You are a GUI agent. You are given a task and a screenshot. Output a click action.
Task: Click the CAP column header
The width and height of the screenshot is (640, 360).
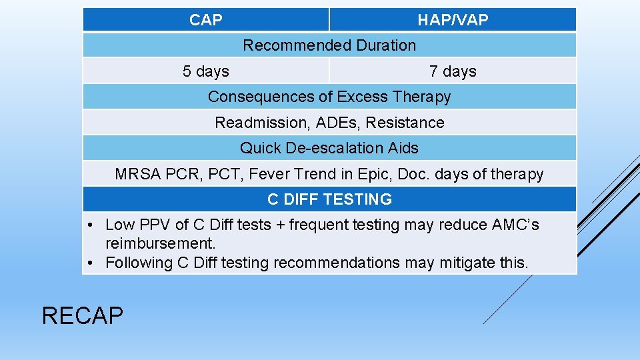click(x=206, y=20)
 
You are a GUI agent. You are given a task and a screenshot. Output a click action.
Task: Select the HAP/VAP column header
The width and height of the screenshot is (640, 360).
click(x=453, y=20)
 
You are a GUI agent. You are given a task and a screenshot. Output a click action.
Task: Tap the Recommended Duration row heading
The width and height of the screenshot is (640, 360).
click(x=329, y=45)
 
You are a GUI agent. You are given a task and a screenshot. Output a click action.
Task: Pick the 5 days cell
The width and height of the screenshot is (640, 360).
click(x=206, y=71)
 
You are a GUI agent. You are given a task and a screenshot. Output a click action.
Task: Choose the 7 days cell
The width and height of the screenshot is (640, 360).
click(x=453, y=71)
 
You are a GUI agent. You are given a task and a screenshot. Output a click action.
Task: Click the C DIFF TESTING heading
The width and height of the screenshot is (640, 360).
click(x=329, y=199)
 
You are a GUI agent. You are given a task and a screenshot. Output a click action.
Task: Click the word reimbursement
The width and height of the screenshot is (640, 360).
click(x=161, y=244)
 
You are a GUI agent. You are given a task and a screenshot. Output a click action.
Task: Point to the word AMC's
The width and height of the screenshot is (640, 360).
click(x=515, y=225)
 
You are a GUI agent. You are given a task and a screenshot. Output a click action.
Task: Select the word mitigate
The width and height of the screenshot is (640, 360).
click(x=467, y=263)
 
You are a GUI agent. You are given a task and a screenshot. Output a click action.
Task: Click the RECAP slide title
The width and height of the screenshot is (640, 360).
click(x=83, y=315)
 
